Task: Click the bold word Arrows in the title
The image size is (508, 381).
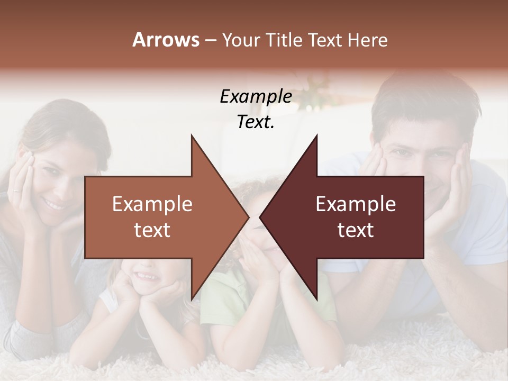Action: click(166, 40)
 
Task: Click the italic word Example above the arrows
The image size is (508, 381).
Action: click(256, 96)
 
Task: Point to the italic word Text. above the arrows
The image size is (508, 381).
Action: click(256, 122)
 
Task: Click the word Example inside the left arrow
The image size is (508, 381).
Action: click(152, 204)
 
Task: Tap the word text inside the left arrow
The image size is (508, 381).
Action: click(152, 230)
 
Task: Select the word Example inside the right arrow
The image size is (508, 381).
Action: click(356, 204)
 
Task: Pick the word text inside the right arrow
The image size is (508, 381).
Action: click(356, 230)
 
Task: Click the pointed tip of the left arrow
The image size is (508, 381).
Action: click(248, 217)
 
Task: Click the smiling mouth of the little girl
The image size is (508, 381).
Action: click(146, 276)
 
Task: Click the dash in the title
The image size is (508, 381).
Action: click(210, 40)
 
